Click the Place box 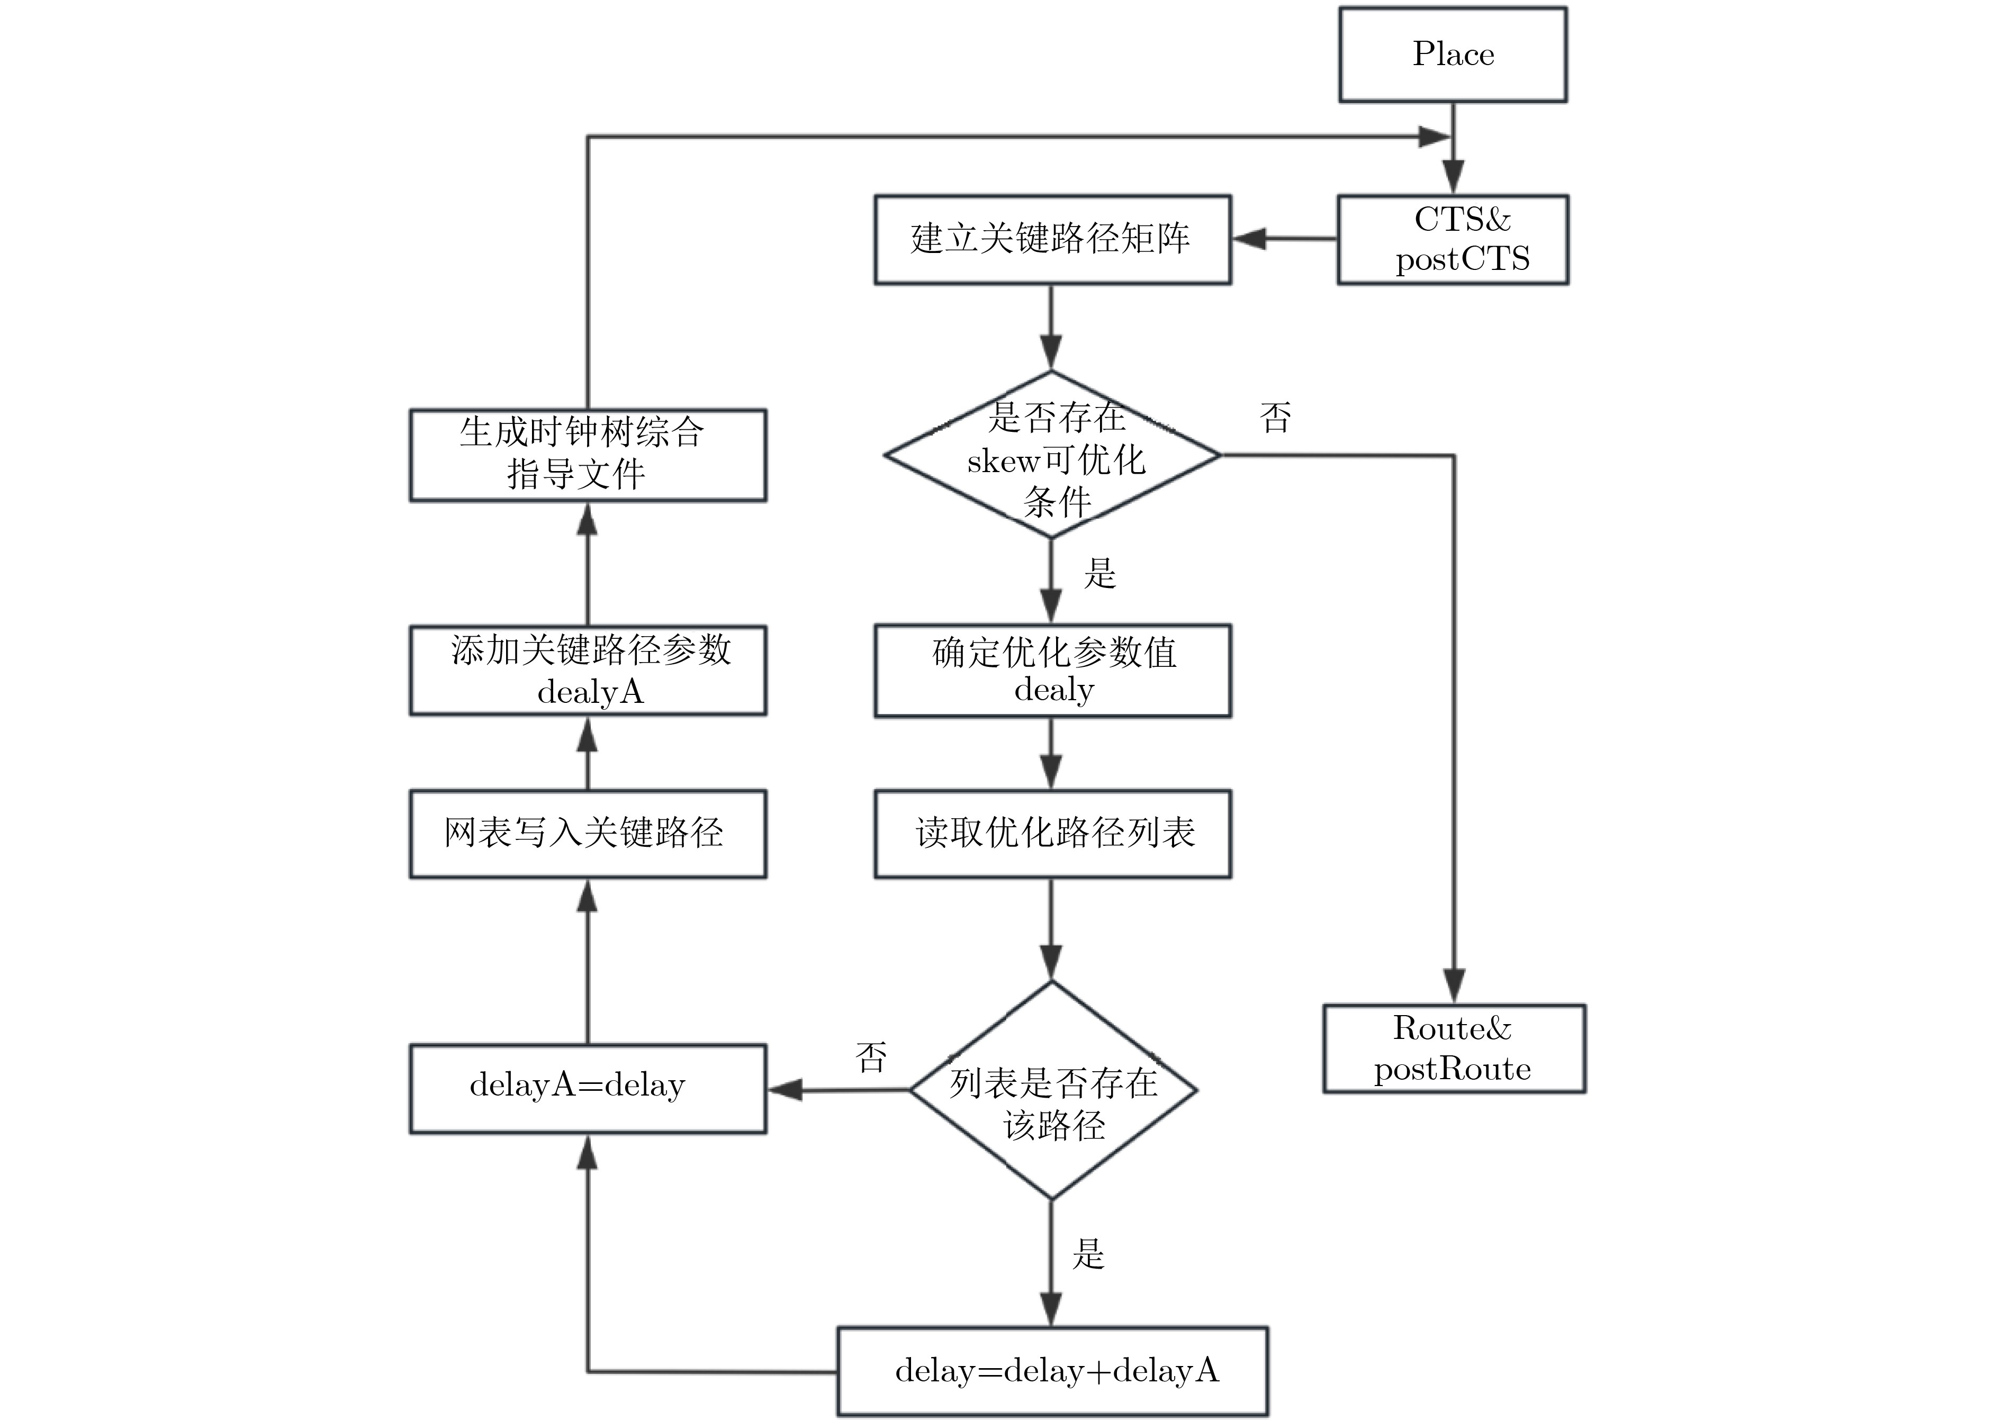[1453, 54]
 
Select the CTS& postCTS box [1453, 239]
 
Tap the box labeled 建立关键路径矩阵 [1052, 239]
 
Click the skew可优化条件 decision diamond [1052, 455]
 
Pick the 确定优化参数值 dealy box [1052, 671]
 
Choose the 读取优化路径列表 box [1052, 833]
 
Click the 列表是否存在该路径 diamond [1052, 1090]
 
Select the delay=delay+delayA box [1052, 1370]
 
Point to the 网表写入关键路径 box [588, 833]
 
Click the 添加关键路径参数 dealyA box [588, 671]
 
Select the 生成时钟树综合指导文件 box [588, 455]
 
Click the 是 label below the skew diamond [1100, 574]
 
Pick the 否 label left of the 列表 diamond [871, 1056]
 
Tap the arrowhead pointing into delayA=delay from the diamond [786, 1090]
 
